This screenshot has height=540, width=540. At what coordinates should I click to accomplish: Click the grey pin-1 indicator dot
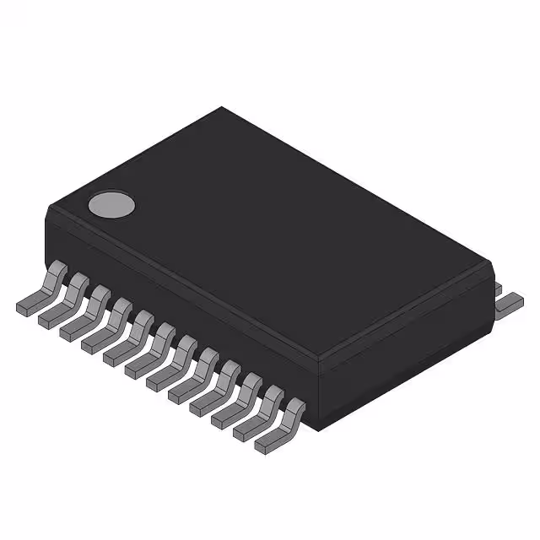[112, 204]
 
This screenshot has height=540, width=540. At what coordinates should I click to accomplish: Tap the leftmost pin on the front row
[38, 292]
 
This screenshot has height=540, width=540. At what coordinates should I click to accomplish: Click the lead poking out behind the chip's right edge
[508, 302]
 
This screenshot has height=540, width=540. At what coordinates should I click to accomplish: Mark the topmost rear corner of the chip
[222, 108]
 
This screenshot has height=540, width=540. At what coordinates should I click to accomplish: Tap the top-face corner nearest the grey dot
[47, 205]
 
